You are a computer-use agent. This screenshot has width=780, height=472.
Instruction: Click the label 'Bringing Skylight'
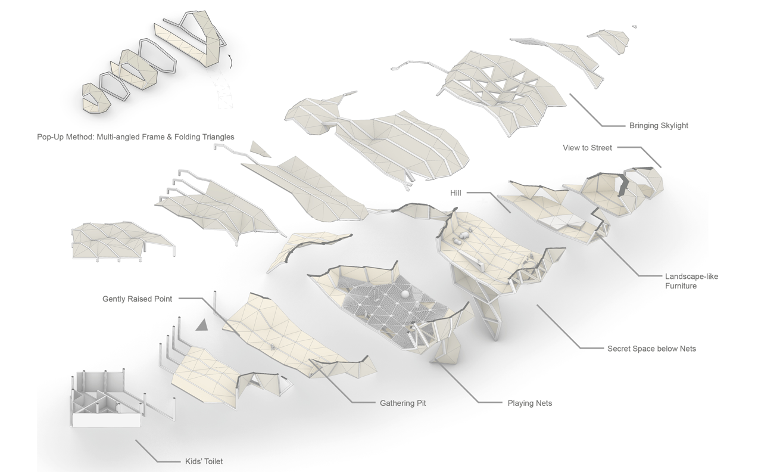pos(659,126)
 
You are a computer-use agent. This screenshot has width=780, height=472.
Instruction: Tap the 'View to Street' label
pos(587,148)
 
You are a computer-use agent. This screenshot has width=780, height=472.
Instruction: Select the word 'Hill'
pos(456,193)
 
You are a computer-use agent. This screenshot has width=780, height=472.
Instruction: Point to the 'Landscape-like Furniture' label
pos(691,281)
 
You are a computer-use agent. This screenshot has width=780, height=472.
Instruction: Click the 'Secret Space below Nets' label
pos(651,349)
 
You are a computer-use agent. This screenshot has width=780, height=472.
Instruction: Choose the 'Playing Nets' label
pos(529,403)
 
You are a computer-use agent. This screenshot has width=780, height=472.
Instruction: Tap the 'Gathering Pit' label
pos(403,403)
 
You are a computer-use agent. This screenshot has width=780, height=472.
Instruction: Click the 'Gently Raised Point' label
pos(137,299)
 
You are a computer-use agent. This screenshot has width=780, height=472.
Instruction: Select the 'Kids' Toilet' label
pos(204,461)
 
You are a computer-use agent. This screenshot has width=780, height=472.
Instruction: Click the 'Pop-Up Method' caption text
pos(135,137)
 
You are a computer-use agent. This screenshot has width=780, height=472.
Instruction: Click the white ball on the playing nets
pos(404,294)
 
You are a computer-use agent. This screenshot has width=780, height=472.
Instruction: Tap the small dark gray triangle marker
pos(202,324)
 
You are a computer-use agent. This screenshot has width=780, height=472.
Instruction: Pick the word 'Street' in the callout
pos(601,148)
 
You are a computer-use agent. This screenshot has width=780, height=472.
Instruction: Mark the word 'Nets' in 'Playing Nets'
pos(542,403)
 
